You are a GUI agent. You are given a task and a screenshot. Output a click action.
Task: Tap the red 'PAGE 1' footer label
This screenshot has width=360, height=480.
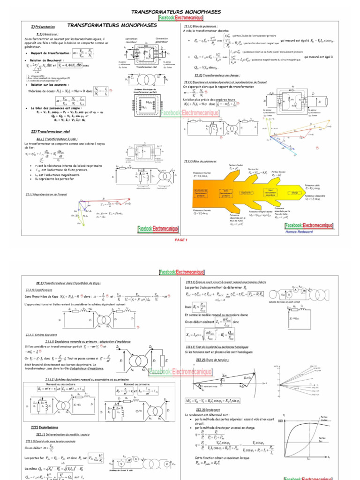click(180, 240)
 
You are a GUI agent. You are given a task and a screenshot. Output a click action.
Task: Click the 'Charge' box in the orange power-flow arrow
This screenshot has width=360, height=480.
click(294, 192)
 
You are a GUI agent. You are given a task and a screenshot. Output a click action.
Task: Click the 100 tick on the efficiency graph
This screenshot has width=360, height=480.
click(281, 421)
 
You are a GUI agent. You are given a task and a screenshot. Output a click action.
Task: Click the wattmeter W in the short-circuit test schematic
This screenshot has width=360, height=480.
click(303, 290)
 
